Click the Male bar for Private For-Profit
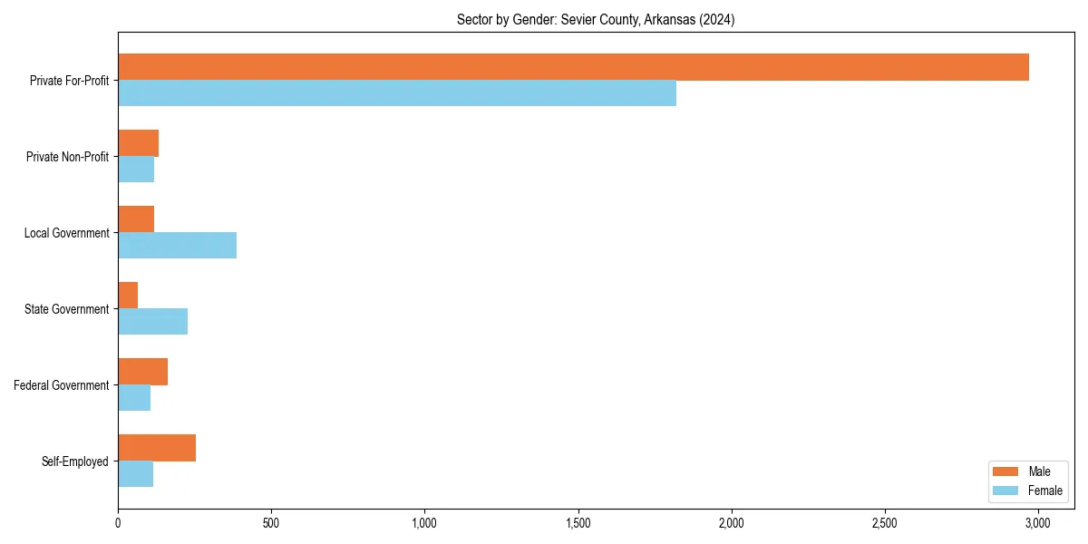[x=573, y=67]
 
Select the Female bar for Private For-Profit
[x=397, y=92]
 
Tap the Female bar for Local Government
[x=177, y=245]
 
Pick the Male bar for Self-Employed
[x=157, y=448]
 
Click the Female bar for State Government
[x=152, y=321]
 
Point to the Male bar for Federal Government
[x=142, y=372]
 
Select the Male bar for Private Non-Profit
[x=138, y=143]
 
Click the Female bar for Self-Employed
[x=135, y=473]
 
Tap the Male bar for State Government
[x=128, y=296]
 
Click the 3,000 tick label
[x=1037, y=523]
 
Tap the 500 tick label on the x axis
[x=271, y=523]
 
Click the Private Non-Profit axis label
[x=67, y=157]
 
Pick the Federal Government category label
[x=62, y=385]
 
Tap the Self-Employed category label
[x=75, y=461]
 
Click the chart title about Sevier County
[x=596, y=20]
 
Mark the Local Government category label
[x=67, y=233]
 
